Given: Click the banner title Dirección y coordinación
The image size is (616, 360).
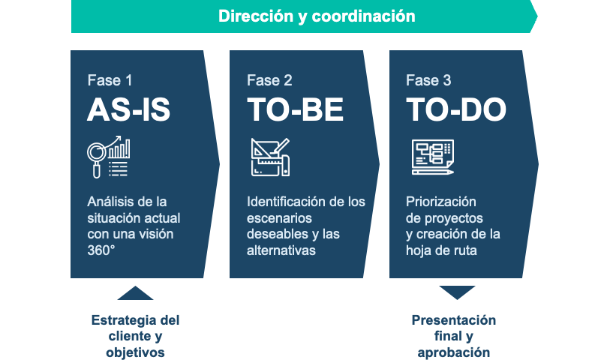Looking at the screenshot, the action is [x=317, y=16].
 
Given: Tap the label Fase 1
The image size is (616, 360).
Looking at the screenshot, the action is [x=110, y=80].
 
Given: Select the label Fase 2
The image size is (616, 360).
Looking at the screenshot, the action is [x=269, y=80].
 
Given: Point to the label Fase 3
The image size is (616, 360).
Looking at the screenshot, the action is [x=428, y=80].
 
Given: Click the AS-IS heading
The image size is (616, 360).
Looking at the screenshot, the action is [x=129, y=109].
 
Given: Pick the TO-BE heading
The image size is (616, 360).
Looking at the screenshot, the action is [x=295, y=109].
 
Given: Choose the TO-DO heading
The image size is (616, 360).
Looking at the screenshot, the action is [x=456, y=109].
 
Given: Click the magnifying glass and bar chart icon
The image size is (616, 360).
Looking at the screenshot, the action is [x=109, y=157].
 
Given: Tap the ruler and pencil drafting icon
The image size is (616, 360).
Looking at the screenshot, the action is [x=270, y=157].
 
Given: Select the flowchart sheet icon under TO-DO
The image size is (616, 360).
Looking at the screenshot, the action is [x=433, y=157].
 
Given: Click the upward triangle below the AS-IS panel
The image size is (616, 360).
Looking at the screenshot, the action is [x=135, y=293].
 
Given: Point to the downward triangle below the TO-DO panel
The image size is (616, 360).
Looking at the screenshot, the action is [x=457, y=292].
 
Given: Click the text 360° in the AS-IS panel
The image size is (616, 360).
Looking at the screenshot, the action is [x=101, y=250].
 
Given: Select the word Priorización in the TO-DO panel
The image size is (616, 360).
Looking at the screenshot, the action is [x=440, y=202].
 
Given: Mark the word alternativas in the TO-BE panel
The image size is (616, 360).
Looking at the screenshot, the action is [x=281, y=250].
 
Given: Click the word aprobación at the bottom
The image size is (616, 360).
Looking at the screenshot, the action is [x=454, y=352].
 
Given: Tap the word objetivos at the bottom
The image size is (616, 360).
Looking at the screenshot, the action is [x=135, y=352].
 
